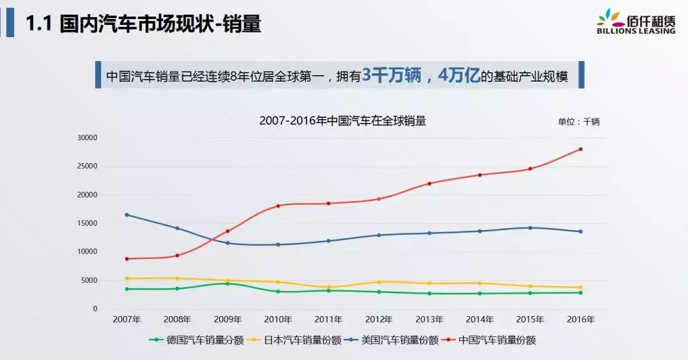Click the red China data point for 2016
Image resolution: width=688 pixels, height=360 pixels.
[580, 149]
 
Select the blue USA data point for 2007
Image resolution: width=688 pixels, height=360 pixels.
[127, 215]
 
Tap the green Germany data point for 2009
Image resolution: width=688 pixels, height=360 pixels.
[227, 284]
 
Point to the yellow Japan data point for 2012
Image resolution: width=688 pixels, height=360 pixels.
[379, 282]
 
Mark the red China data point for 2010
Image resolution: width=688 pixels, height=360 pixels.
[278, 206]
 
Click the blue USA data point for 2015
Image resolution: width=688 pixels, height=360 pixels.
[530, 227]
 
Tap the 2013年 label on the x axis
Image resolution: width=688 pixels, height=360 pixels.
[429, 319]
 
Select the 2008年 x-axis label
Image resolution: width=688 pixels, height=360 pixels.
[177, 319]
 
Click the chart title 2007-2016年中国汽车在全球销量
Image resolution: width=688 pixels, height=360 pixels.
[343, 120]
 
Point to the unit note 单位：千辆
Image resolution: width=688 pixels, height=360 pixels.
[578, 122]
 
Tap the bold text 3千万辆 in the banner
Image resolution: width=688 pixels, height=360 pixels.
[391, 76]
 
